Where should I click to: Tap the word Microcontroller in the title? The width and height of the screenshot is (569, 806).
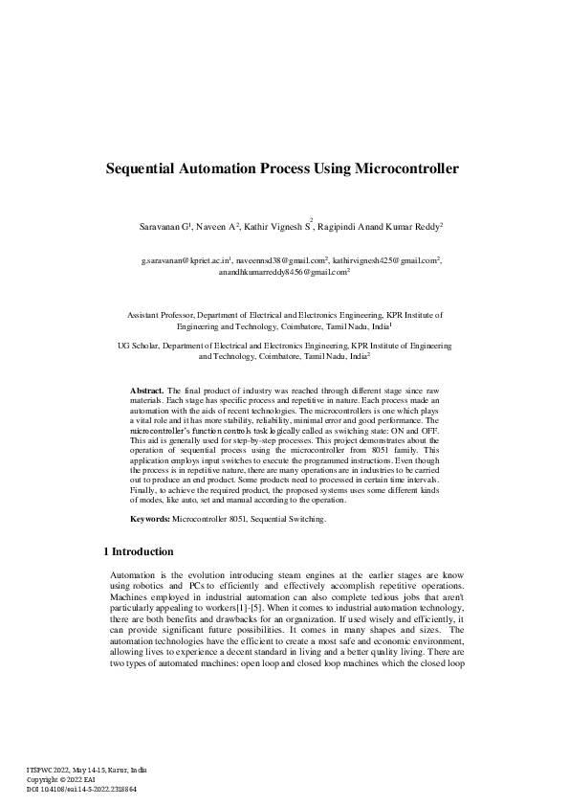(406, 168)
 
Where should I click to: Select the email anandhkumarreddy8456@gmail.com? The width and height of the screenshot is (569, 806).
(282, 272)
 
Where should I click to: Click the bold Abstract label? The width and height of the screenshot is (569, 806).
(146, 392)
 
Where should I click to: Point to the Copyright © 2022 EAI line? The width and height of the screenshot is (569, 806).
(63, 779)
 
